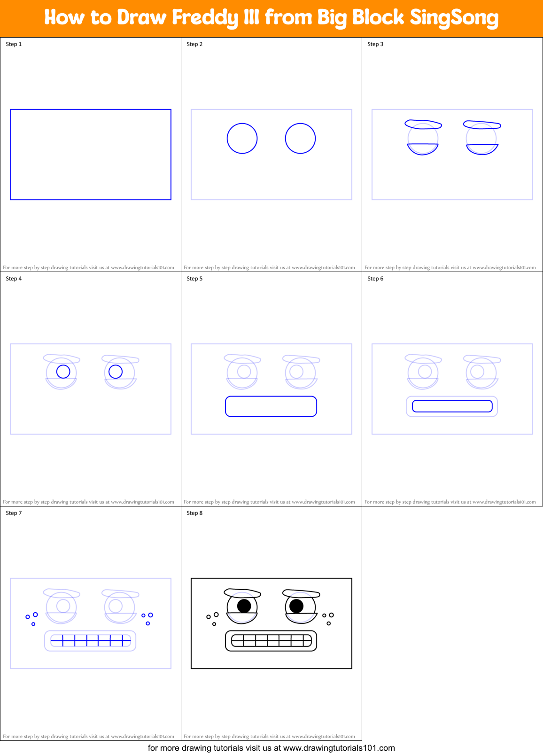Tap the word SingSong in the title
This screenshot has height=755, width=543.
[x=454, y=18]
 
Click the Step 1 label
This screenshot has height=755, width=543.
[x=14, y=44]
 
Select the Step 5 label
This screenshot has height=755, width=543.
[x=194, y=279]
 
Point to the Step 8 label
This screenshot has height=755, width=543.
[x=194, y=513]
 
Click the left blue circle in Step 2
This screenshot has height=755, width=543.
[x=242, y=139]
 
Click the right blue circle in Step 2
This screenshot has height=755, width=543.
[x=300, y=139]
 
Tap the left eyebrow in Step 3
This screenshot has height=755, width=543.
[x=423, y=125]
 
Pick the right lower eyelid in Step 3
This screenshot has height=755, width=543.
[x=482, y=149]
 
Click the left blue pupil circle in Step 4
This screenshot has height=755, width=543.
[x=63, y=372]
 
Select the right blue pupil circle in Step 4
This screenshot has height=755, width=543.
[x=116, y=372]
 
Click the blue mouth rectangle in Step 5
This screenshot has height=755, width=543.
[x=271, y=406]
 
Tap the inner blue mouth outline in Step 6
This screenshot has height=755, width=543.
[x=452, y=406]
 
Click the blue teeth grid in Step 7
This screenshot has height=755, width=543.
[x=90, y=640]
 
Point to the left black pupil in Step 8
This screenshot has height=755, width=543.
[x=244, y=606]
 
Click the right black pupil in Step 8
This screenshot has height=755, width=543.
[x=296, y=606]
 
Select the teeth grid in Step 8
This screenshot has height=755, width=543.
[x=271, y=640]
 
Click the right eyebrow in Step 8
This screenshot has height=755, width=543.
[x=301, y=593]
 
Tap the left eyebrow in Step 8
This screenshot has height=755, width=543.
[x=242, y=592]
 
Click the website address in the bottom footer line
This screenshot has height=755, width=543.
[x=339, y=748]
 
